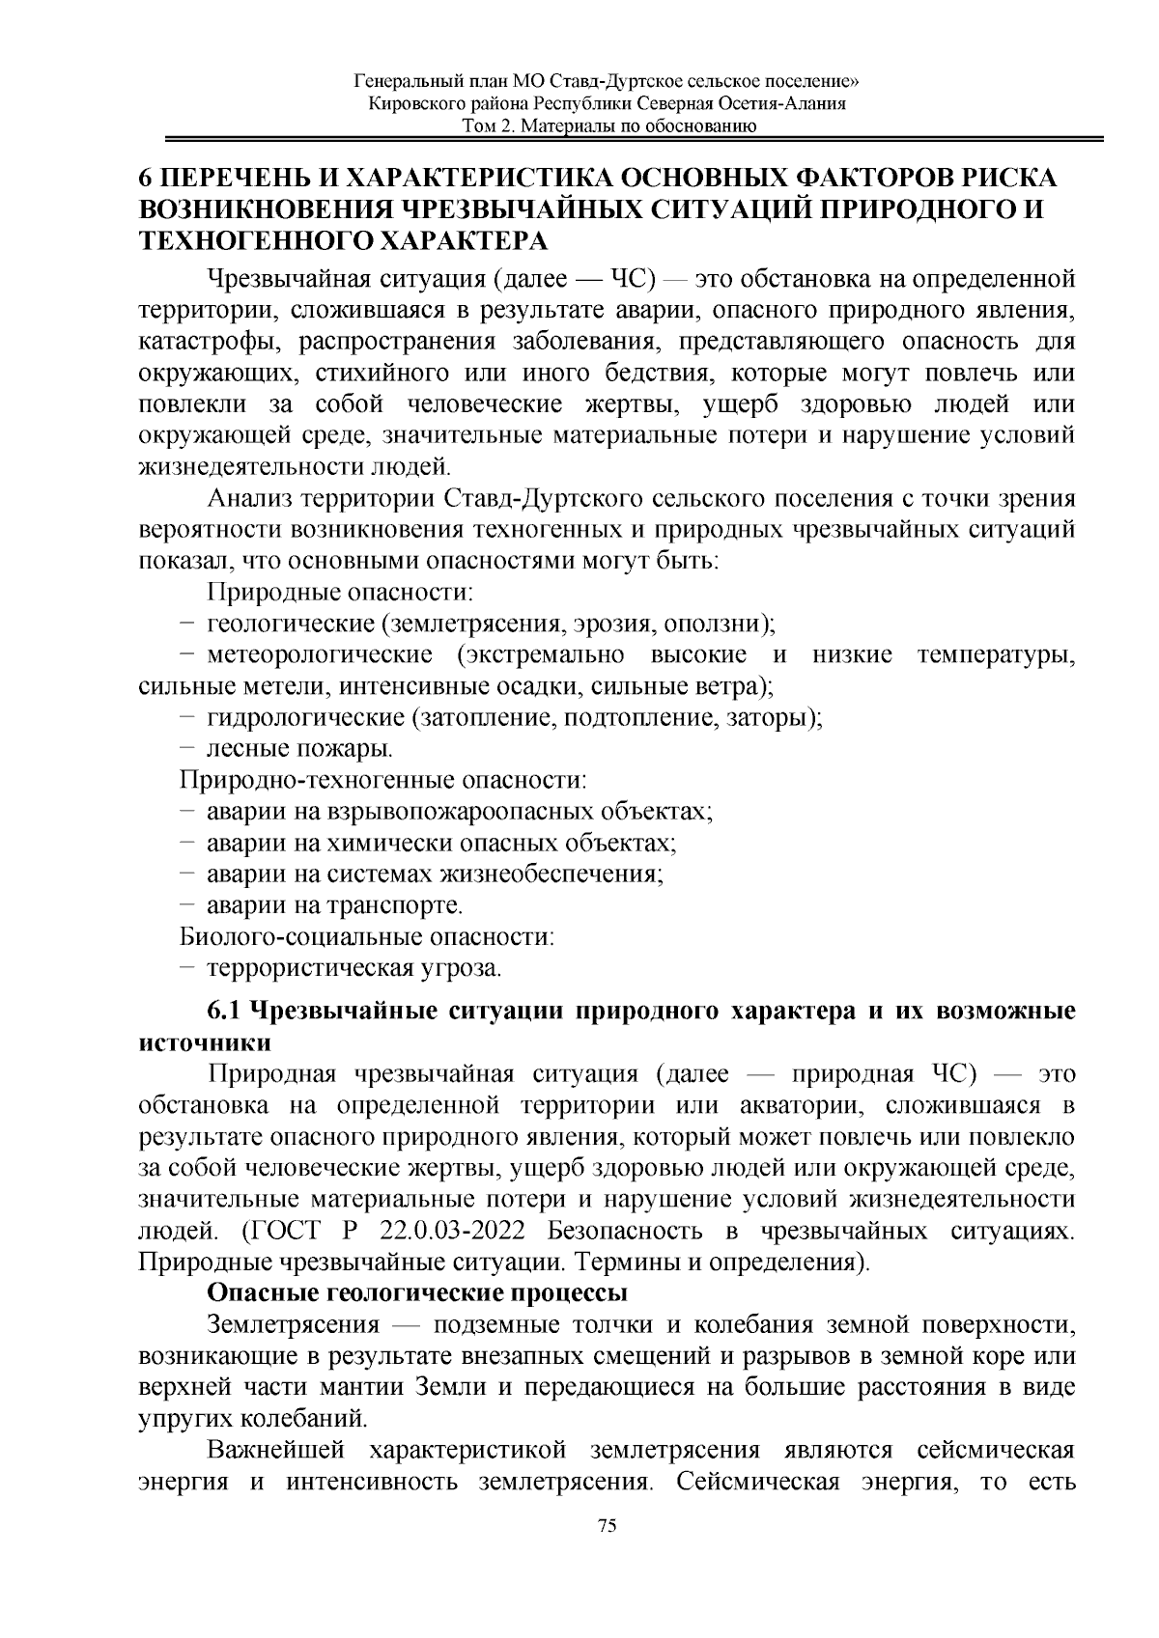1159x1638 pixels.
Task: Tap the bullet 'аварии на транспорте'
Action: pos(334,905)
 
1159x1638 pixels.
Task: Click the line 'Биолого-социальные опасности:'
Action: pos(367,935)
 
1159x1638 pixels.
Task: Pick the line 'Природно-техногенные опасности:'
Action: pos(383,779)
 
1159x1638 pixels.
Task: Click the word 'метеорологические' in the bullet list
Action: pos(320,655)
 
